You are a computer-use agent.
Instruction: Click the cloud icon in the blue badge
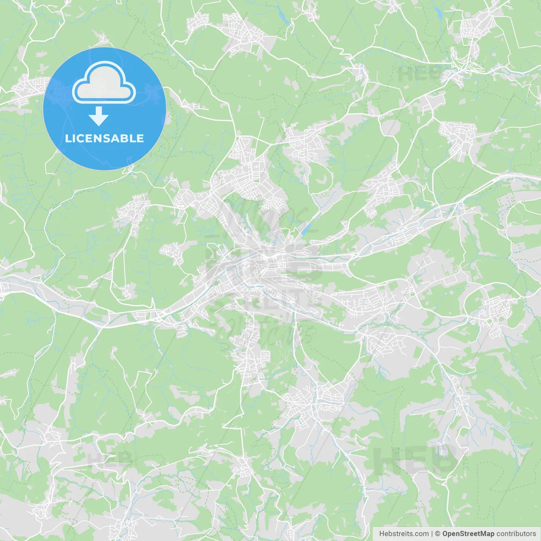[x=104, y=83]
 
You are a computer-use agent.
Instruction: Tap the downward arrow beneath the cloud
[x=99, y=116]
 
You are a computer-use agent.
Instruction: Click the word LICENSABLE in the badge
[x=104, y=138]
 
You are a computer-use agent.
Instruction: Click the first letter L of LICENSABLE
[x=68, y=138]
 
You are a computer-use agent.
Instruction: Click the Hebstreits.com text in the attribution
[x=404, y=534]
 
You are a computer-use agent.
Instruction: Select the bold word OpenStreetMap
[x=468, y=534]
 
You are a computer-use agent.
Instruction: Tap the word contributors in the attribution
[x=516, y=534]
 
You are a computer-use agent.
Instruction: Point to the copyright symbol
[x=437, y=534]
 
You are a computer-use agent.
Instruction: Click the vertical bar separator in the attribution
[x=432, y=534]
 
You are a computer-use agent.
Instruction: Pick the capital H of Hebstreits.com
[x=382, y=534]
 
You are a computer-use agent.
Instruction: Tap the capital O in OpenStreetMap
[x=445, y=534]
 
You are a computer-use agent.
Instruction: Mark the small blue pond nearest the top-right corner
[x=440, y=14]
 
